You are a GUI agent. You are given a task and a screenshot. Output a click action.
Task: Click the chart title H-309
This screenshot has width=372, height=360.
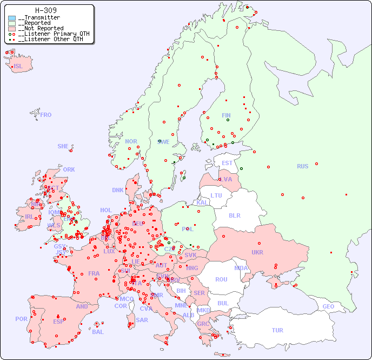(x=45, y=10)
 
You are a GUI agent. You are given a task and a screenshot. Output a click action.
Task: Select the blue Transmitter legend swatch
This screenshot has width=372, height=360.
(x=12, y=18)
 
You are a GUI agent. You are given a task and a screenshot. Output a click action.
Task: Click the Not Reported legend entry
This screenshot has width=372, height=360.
(x=41, y=28)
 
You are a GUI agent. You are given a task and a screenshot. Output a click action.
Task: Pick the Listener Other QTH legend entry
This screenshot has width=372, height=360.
(x=50, y=39)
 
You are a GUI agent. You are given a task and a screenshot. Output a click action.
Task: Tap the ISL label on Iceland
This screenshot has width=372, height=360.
(x=18, y=67)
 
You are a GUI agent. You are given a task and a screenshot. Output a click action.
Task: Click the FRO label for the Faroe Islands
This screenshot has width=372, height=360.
(x=46, y=115)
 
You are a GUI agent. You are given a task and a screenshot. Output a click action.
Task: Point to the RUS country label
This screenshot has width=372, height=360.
(x=302, y=166)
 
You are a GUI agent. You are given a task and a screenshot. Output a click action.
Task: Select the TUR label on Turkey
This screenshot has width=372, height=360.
(x=277, y=330)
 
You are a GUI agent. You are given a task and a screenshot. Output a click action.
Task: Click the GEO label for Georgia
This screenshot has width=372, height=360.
(x=328, y=306)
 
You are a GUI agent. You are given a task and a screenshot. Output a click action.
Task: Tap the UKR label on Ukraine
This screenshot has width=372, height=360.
(x=257, y=252)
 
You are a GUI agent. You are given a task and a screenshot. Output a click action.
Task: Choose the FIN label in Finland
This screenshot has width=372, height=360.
(x=226, y=115)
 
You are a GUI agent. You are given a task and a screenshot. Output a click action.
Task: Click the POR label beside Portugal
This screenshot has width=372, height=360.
(x=21, y=319)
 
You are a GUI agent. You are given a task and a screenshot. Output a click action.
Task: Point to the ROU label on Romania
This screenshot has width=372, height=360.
(x=221, y=279)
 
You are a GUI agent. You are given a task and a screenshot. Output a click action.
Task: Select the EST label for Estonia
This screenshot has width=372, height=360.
(x=228, y=163)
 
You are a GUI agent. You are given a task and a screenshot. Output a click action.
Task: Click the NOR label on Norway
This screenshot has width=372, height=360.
(x=131, y=141)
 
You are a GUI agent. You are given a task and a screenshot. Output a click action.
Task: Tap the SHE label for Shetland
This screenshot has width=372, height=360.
(x=63, y=146)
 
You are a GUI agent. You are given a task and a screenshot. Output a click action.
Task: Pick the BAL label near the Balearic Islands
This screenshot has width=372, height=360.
(x=98, y=332)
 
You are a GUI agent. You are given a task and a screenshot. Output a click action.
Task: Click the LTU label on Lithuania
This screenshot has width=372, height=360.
(x=216, y=195)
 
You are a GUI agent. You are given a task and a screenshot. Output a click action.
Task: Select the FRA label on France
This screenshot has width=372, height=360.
(x=94, y=273)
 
